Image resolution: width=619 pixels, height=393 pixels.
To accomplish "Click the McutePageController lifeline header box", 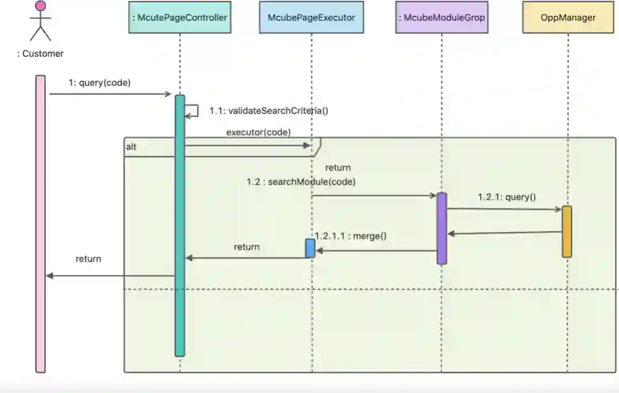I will pos(179,18).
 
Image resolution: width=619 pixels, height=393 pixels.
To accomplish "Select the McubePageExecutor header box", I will pos(311,18).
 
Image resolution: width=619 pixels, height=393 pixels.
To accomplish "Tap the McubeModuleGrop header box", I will pos(441,18).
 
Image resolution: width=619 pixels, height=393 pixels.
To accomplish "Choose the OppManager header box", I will pos(568,18).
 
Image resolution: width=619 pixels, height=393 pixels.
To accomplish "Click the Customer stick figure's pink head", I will pos(40,6).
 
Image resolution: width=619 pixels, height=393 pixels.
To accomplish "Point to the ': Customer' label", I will pos(40,54).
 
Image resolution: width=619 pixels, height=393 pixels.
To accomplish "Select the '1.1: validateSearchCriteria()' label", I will pos(269,111).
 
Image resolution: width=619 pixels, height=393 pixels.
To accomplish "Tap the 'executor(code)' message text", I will pos(258,132).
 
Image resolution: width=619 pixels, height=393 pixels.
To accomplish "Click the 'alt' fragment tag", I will pos(131,147).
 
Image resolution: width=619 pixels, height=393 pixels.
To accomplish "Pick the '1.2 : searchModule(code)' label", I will pos(301,182).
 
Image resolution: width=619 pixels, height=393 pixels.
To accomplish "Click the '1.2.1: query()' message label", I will pos(507,198).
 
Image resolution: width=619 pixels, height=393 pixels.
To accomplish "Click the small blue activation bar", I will pos(310,248).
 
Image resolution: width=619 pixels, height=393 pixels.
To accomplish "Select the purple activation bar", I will pos(441,228).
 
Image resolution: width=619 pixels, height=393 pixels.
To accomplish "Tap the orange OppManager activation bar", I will pos(567,231).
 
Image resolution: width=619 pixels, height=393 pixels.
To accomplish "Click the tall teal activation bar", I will pos(180,225).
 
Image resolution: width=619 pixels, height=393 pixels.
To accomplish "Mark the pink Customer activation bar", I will pos(40,223).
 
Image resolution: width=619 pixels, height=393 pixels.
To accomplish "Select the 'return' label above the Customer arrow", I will pos(88,259).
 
